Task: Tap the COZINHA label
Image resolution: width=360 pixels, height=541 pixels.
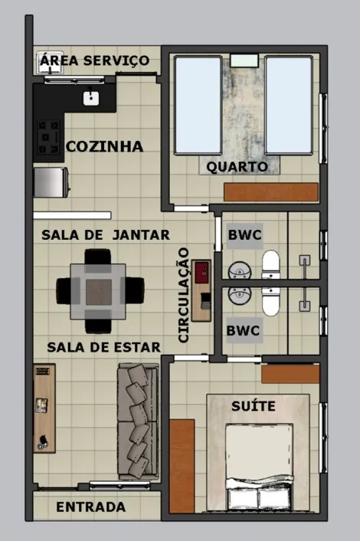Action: point(104,146)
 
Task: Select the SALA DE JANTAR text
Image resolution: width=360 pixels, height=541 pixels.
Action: point(106,234)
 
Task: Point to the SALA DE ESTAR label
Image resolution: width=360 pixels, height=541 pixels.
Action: point(103,347)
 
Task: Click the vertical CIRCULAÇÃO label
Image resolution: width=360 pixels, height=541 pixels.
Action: point(184,294)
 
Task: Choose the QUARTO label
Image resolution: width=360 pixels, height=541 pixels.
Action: point(237,166)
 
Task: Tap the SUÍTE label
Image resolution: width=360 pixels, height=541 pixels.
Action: point(253,406)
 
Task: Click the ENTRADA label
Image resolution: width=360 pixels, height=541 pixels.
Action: point(90,507)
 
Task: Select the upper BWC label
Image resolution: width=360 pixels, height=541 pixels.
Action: point(244,235)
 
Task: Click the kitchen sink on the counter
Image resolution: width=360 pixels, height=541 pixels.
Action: point(90,97)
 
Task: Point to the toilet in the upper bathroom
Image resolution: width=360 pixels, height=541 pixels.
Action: point(271,265)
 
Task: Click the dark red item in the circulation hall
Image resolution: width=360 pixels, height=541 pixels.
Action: point(202,272)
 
